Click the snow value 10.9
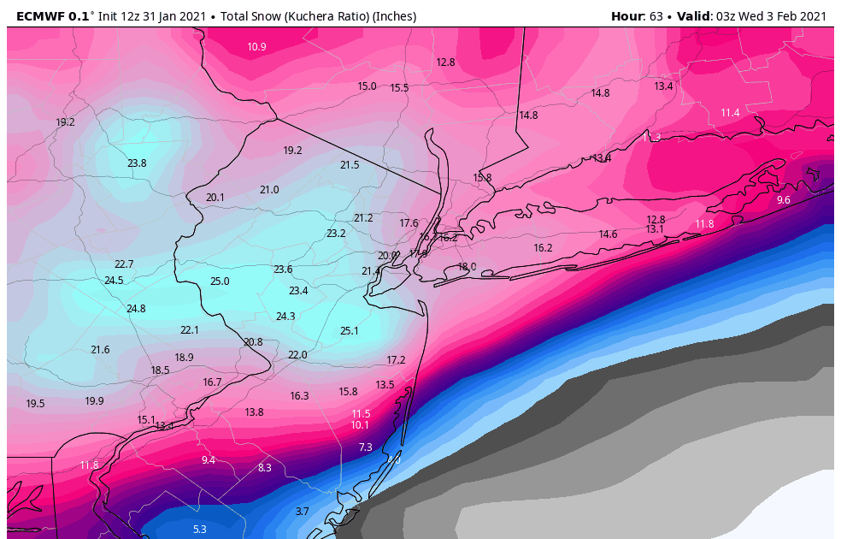256,46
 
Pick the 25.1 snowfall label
349,330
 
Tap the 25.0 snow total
220,281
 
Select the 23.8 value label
137,163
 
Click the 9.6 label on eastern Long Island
783,199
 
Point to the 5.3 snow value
199,529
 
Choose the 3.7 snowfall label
302,511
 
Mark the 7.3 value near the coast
365,447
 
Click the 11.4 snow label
730,112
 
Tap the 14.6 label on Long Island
608,234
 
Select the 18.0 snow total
467,266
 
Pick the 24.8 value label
136,308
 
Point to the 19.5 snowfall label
35,403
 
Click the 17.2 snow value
396,359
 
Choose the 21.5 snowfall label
350,164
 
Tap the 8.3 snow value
264,467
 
